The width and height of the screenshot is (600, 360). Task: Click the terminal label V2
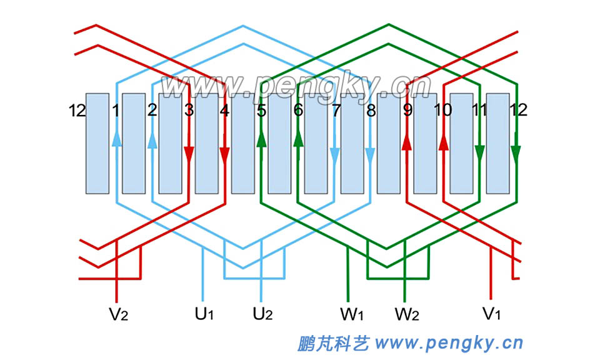pyautogui.click(x=119, y=314)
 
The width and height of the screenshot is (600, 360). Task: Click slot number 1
pyautogui.click(x=115, y=111)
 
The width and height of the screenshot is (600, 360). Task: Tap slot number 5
pyautogui.click(x=261, y=111)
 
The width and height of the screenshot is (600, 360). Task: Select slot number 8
pyautogui.click(x=371, y=111)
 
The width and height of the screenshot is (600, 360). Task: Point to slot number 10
pyautogui.click(x=442, y=111)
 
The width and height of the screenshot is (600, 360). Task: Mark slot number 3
pyautogui.click(x=189, y=111)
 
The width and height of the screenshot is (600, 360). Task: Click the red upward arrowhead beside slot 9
pyautogui.click(x=407, y=142)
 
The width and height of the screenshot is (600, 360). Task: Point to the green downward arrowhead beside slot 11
pyautogui.click(x=480, y=152)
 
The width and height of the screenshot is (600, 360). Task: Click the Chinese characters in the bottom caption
pyautogui.click(x=333, y=343)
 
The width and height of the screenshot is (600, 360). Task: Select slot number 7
pyautogui.click(x=336, y=111)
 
